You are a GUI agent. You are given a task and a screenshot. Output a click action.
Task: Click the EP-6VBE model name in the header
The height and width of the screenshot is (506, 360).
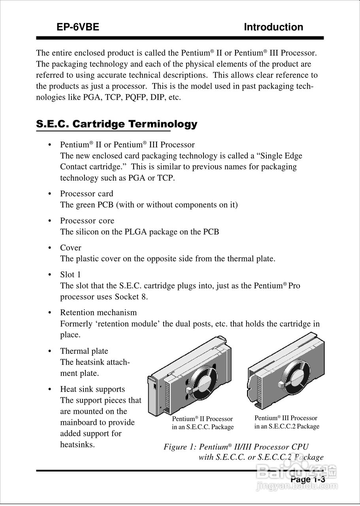(x=77, y=27)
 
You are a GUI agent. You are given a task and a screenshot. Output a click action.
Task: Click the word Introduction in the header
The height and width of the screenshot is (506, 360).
(x=273, y=27)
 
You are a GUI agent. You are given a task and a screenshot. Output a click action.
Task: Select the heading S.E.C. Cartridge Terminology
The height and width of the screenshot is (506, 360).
(x=117, y=124)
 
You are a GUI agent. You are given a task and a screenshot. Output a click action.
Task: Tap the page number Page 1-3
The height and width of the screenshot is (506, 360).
(x=307, y=479)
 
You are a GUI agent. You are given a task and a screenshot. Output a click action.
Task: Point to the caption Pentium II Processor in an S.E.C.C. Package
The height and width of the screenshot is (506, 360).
(x=203, y=423)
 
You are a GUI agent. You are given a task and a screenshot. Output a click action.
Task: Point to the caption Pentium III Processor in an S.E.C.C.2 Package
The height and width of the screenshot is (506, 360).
(x=286, y=422)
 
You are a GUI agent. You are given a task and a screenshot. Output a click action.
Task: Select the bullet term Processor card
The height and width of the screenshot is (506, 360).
(x=87, y=194)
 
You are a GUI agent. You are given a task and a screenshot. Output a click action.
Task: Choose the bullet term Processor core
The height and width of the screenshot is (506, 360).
(x=87, y=221)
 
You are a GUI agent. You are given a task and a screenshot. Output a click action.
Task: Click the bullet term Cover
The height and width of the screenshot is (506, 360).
(x=70, y=248)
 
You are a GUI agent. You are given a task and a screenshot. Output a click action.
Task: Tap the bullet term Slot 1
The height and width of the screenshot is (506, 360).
(x=70, y=275)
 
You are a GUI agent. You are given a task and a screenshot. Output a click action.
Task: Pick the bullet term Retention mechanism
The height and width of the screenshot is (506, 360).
(x=98, y=312)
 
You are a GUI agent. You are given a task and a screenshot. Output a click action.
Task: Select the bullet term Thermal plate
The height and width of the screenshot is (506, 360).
(x=84, y=351)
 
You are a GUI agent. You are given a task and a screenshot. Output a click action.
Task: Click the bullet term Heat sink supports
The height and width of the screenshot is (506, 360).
(x=92, y=389)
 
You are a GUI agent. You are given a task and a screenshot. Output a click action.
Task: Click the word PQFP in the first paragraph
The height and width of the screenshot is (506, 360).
(x=136, y=97)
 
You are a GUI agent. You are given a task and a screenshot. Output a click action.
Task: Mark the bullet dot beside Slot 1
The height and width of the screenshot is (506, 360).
(x=49, y=275)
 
